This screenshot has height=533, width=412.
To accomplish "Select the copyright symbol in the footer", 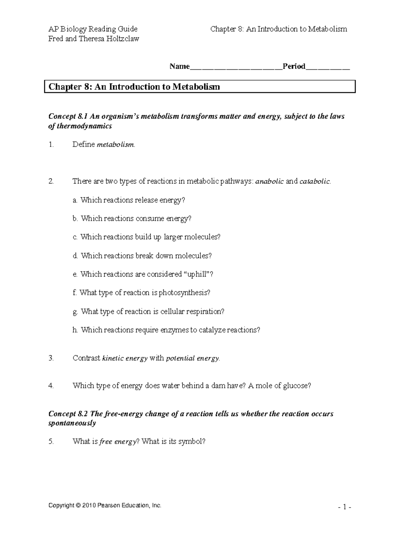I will tap(79, 505).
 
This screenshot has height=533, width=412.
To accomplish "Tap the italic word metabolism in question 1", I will tap(115, 145).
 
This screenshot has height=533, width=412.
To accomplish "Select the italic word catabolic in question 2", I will tap(314, 182).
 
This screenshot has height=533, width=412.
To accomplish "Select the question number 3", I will tap(51, 358).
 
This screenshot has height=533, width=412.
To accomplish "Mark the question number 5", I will tap(51, 442).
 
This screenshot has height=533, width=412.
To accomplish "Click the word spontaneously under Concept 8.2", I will tap(72, 423).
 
